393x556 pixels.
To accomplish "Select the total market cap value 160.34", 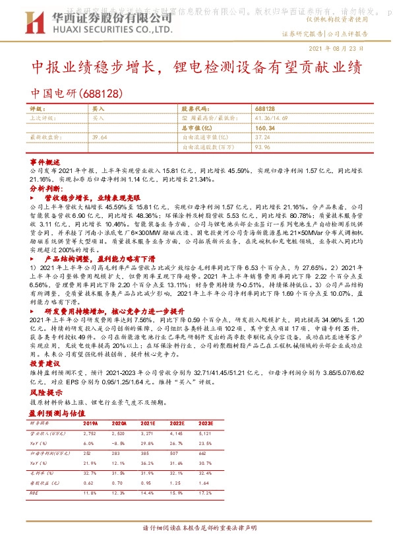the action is [x=263, y=127].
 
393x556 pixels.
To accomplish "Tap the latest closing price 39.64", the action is [x=100, y=137].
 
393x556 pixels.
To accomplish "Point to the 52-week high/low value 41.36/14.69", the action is [x=271, y=117].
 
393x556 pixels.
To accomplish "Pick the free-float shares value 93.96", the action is [x=262, y=147].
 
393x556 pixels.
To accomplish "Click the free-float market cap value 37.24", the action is [x=262, y=137].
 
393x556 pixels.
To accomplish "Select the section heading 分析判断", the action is [x=45, y=188].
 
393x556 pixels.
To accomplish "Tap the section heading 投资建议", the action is [x=45, y=363].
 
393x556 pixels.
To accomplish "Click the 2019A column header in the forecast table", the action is [x=90, y=423].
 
